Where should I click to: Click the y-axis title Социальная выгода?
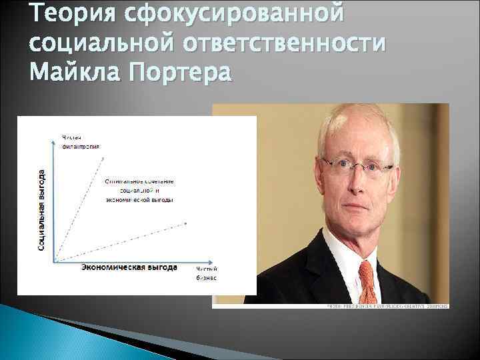(42, 209)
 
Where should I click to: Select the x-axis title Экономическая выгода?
(129, 267)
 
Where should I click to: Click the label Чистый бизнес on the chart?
(206, 273)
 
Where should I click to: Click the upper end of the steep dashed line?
(103, 157)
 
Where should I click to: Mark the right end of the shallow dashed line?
(186, 223)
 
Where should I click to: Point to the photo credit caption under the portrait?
(387, 306)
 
